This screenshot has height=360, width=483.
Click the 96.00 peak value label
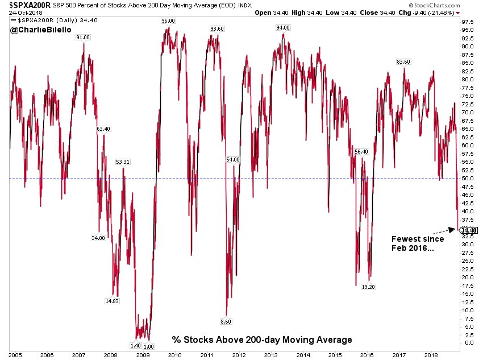[x=168, y=20]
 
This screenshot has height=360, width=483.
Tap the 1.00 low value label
[x=149, y=346]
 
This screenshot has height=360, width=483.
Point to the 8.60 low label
[x=226, y=322]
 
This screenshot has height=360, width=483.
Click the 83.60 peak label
[x=403, y=61]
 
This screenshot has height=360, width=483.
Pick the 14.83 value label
[x=111, y=301]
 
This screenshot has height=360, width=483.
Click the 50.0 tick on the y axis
[x=468, y=179]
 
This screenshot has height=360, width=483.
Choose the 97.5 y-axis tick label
[x=468, y=22]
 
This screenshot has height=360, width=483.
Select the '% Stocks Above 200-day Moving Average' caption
[x=262, y=340]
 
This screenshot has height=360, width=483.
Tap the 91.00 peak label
[x=83, y=37]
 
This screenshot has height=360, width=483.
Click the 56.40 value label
[x=361, y=151]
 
